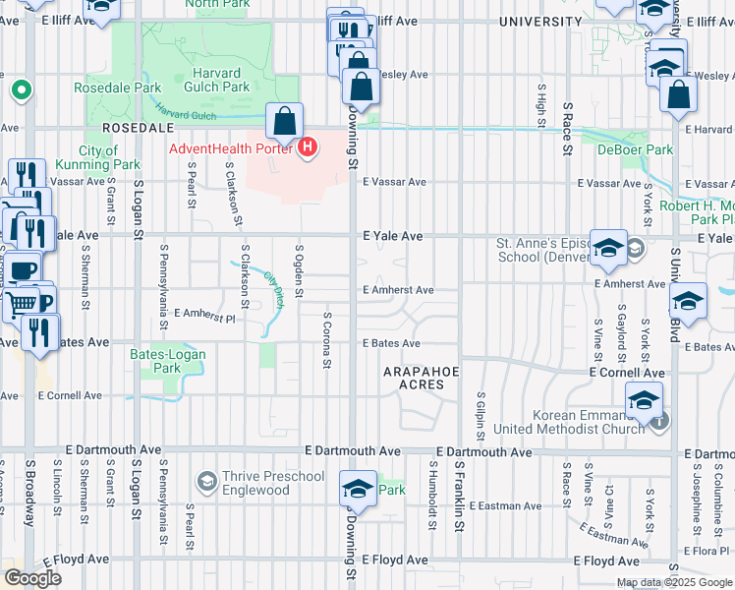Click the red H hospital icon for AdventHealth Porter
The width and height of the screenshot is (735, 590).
click(x=308, y=148)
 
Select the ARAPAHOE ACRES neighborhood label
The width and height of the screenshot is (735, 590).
click(x=421, y=377)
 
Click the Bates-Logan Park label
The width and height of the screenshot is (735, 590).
click(x=168, y=360)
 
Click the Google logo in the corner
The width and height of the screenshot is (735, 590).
click(x=32, y=577)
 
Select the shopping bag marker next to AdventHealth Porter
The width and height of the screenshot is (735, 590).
click(x=284, y=123)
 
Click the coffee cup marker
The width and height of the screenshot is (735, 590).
click(x=22, y=268)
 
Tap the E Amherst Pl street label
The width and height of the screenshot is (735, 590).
click(x=204, y=316)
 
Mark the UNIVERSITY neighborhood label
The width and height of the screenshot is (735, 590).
click(x=540, y=21)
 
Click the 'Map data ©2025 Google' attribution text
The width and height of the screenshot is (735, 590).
click(x=674, y=582)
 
